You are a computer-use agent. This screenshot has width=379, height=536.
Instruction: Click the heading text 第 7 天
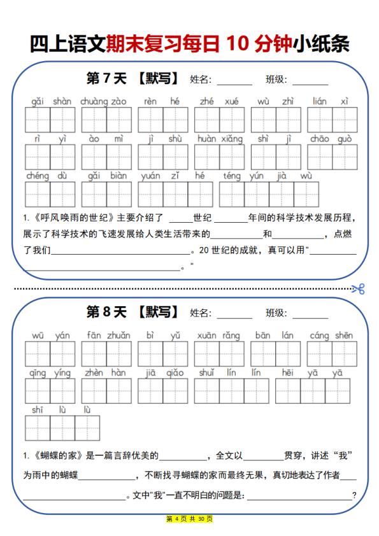(106, 79)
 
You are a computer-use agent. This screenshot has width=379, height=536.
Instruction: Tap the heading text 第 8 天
(106, 313)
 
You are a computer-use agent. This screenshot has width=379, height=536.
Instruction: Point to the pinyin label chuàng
(94, 101)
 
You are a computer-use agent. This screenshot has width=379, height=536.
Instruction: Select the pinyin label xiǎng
(232, 139)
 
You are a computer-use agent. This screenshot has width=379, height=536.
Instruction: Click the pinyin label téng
(232, 176)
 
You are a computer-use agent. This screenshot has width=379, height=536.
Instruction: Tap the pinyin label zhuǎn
(118, 335)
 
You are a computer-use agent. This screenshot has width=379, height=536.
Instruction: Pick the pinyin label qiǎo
(175, 373)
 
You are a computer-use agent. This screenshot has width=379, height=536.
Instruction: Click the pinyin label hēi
(288, 373)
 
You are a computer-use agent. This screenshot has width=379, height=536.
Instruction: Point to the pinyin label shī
(38, 410)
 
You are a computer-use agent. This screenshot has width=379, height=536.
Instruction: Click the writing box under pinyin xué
(232, 120)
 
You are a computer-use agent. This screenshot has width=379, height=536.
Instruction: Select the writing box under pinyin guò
(345, 157)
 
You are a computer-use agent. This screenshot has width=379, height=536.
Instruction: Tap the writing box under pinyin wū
(38, 354)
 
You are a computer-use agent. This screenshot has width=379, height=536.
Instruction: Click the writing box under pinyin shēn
(345, 354)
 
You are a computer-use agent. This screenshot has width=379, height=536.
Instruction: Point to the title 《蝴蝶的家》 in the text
(62, 455)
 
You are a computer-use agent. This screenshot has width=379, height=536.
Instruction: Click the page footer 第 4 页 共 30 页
(189, 519)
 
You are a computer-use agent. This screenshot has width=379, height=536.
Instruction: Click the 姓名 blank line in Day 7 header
(234, 81)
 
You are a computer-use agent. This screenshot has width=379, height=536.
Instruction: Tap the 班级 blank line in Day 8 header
(310, 314)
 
